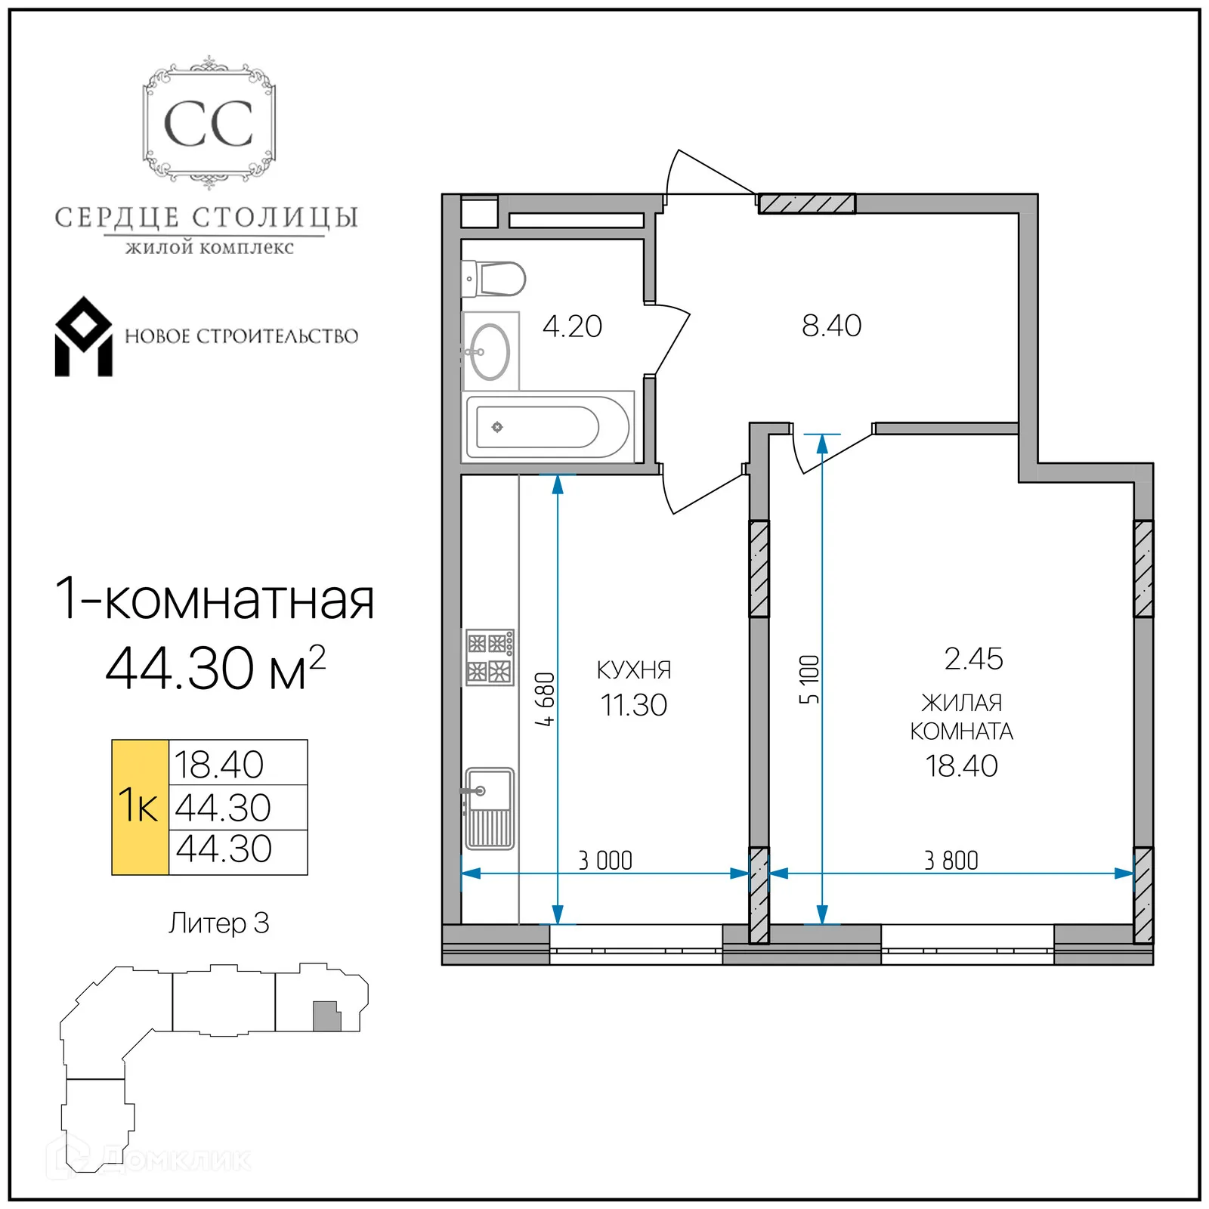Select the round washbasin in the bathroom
click(490, 351)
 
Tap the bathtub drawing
click(547, 427)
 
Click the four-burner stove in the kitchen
click(490, 657)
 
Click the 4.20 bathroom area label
click(572, 326)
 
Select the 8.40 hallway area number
click(831, 326)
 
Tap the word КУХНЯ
click(633, 669)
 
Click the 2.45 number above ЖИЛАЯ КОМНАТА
click(973, 659)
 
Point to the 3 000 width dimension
click(604, 860)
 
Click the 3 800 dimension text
click(951, 860)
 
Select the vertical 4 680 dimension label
click(545, 699)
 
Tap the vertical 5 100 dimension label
click(809, 679)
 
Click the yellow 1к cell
click(140, 806)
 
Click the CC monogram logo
click(209, 124)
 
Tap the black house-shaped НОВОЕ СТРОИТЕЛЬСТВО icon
click(83, 337)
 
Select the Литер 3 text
click(218, 923)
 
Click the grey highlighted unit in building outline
click(326, 1016)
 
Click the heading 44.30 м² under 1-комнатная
click(215, 668)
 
